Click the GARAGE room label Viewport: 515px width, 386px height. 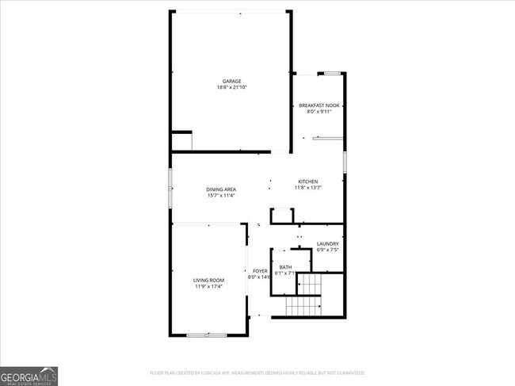pos(231,81)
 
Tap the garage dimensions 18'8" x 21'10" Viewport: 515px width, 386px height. pos(231,87)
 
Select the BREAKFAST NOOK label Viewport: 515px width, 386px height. pos(319,105)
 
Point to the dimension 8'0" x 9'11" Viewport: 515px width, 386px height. pos(319,112)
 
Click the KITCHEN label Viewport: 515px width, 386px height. pos(307,182)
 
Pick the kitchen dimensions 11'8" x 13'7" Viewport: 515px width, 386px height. pos(307,188)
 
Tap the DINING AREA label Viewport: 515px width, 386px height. pos(221,189)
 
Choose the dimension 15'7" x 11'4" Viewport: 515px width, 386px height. pos(221,195)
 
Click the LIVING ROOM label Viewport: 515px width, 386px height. pos(209,280)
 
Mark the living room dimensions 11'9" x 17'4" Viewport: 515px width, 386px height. pos(209,286)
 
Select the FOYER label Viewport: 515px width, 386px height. pos(260,271)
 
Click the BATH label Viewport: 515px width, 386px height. pos(284,267)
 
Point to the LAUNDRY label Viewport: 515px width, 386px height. pos(328,243)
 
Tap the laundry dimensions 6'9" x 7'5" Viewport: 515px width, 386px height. pos(328,250)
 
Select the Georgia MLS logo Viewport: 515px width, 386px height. pos(29,375)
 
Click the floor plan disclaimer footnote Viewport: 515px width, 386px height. pos(257,372)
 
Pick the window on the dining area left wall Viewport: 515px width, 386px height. pos(170,188)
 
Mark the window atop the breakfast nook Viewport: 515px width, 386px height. pos(332,74)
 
